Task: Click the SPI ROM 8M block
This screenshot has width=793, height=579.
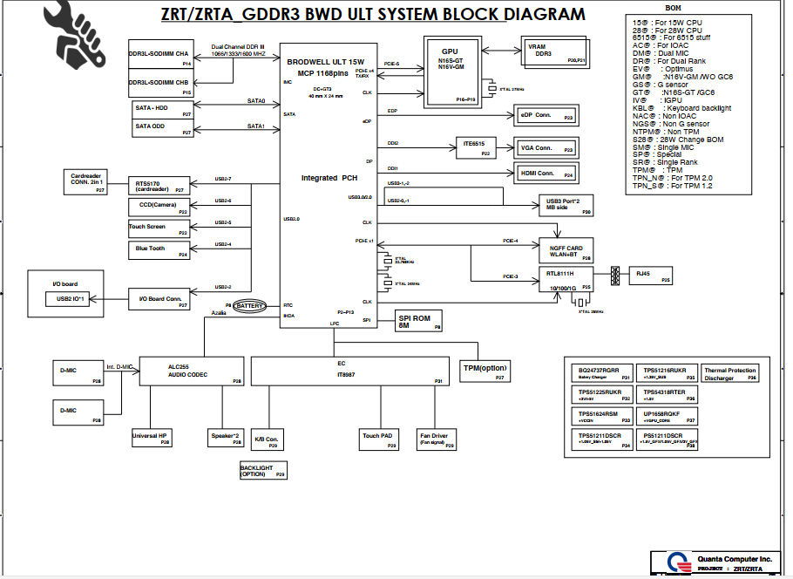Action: click(x=419, y=319)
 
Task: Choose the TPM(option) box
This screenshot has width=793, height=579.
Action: click(x=485, y=371)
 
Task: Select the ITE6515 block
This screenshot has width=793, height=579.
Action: click(x=475, y=146)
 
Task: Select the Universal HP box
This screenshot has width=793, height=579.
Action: click(x=151, y=439)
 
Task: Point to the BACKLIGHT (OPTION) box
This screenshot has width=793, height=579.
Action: click(x=262, y=471)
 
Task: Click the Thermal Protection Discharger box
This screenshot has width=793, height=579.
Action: click(x=729, y=374)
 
